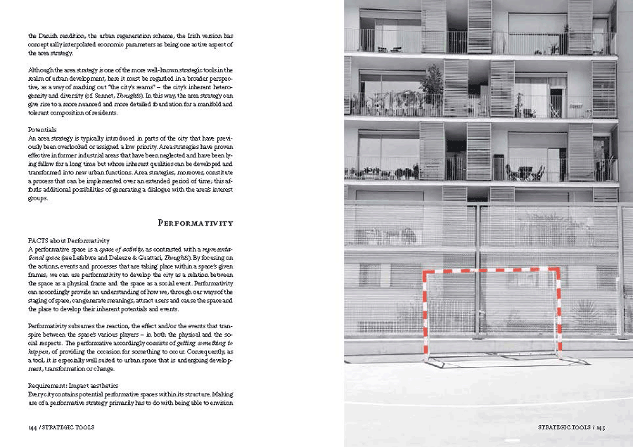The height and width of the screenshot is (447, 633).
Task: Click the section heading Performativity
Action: [196, 223]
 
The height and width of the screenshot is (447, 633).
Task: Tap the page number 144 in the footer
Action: [33, 427]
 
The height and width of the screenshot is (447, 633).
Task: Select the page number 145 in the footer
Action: [600, 427]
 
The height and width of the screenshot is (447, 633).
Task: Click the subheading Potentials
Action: [42, 130]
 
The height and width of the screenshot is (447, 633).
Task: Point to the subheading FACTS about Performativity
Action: [69, 241]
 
